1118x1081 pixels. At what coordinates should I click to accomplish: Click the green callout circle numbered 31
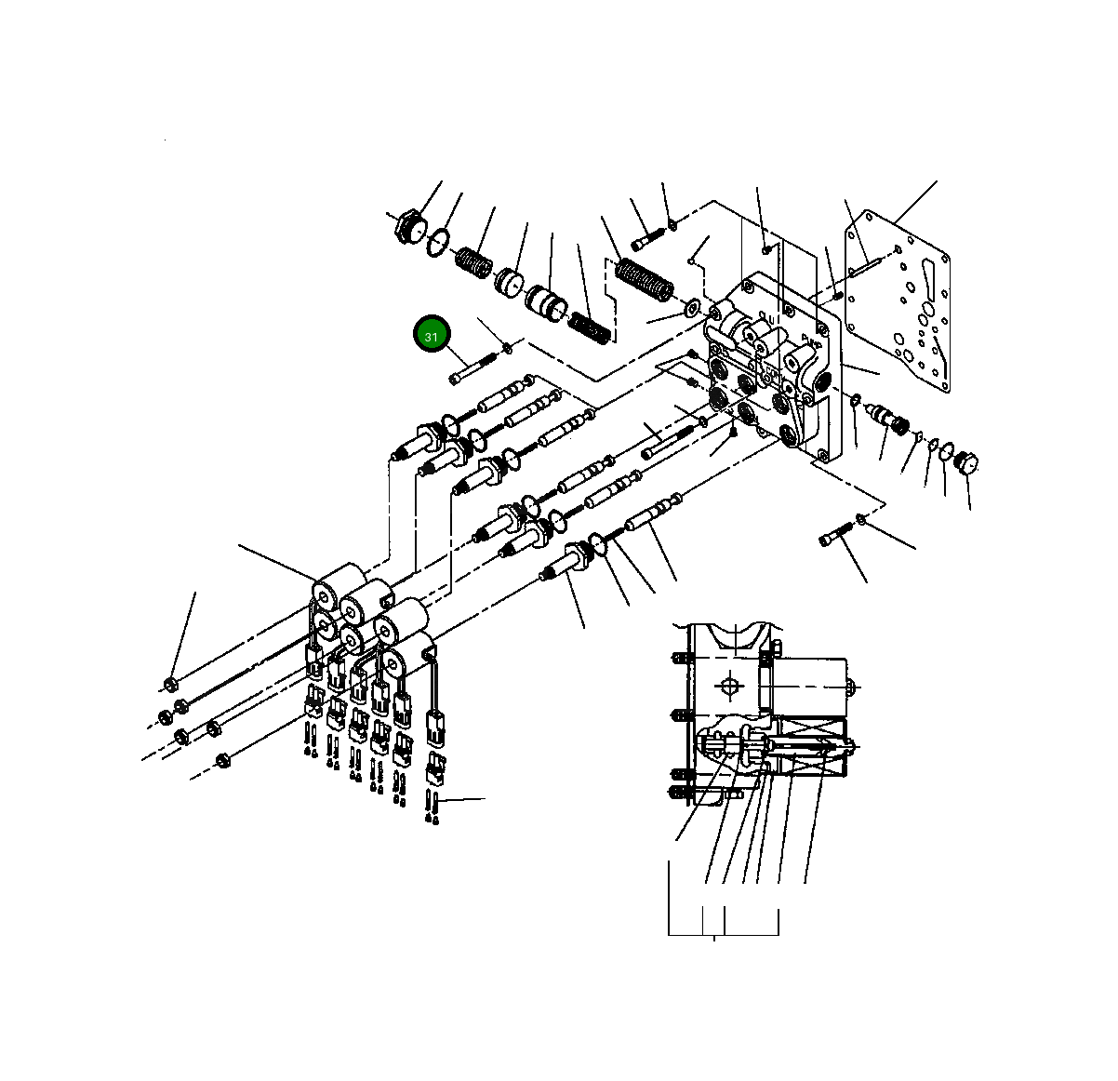point(432,334)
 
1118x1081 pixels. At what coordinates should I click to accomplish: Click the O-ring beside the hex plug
point(439,242)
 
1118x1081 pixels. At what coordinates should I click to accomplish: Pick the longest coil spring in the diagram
point(645,279)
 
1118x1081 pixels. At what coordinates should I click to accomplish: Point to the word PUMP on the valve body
point(811,340)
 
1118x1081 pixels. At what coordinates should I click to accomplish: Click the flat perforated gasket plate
point(898,300)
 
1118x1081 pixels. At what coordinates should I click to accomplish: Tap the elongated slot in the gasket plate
point(926,278)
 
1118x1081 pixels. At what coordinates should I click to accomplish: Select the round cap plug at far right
point(966,462)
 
